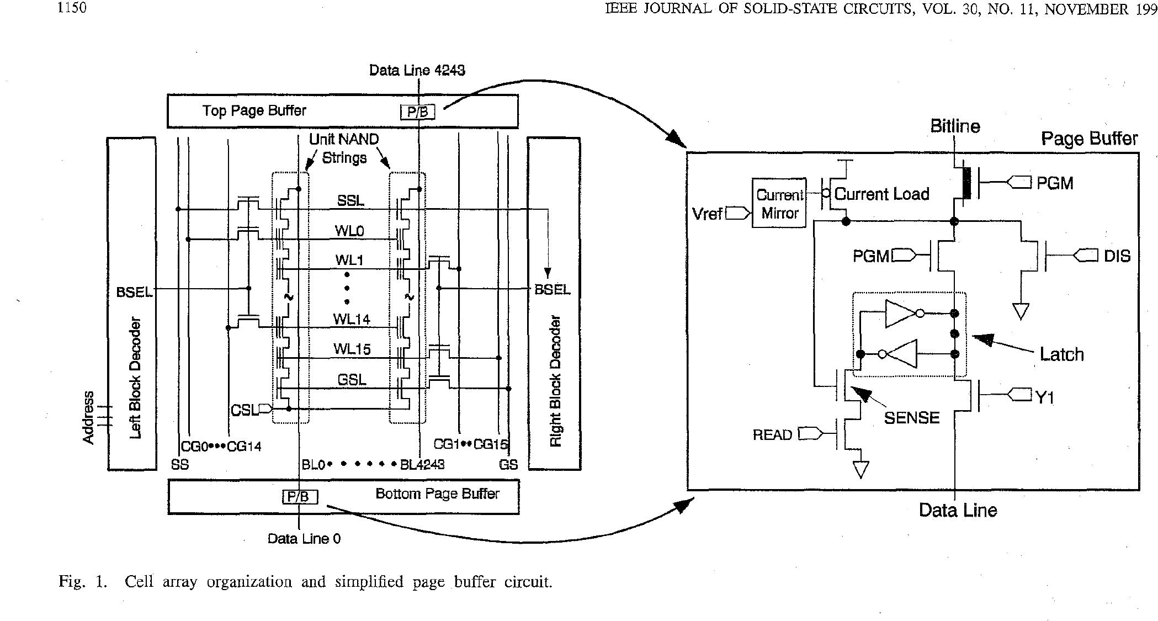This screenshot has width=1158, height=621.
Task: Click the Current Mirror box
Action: click(779, 204)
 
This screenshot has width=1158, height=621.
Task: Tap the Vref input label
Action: click(707, 214)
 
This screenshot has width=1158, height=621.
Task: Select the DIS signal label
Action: click(1117, 256)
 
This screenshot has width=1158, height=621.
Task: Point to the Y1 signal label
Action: click(1044, 397)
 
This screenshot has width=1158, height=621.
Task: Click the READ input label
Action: click(772, 435)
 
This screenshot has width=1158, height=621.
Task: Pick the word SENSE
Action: click(911, 418)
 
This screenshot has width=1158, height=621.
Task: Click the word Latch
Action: click(1061, 354)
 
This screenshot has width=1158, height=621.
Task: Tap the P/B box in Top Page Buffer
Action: click(417, 113)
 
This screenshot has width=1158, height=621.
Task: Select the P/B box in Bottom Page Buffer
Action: click(300, 497)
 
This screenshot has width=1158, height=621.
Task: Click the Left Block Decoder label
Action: click(135, 378)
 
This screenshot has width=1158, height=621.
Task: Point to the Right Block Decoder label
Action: click(555, 381)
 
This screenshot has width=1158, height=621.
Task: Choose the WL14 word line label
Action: click(351, 319)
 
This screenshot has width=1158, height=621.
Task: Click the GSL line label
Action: click(352, 380)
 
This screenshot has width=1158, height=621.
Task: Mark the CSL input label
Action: click(244, 410)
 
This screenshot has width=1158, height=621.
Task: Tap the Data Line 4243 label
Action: click(417, 70)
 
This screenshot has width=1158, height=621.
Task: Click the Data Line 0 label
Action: click(304, 539)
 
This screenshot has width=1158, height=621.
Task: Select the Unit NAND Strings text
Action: click(344, 148)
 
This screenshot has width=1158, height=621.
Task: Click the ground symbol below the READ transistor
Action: click(860, 470)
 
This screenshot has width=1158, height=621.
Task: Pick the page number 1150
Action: click(72, 8)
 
